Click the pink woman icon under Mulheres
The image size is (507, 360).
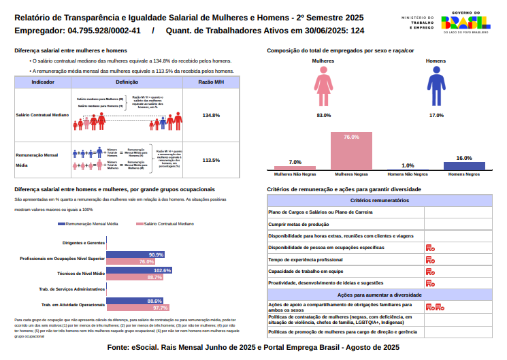point(324,90)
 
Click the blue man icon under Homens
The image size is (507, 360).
point(436,90)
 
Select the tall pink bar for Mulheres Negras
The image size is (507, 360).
point(351,150)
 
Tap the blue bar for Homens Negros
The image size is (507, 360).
point(464,165)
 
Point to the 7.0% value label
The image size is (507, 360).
point(295,162)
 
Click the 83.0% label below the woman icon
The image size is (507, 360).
point(324,116)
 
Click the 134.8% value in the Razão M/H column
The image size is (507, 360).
point(211,115)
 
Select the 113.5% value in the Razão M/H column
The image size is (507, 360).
point(211,160)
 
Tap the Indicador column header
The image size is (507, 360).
point(43,82)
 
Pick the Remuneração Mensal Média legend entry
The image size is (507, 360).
point(89,223)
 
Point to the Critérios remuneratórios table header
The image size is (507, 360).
point(380,200)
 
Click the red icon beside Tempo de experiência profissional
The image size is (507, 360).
point(430,259)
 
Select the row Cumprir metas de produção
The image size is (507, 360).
point(346,224)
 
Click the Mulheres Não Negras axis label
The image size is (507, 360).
point(295,174)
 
